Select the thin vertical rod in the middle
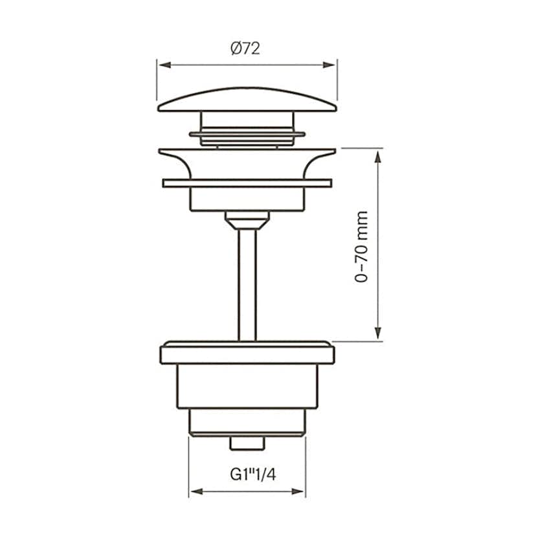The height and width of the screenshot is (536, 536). click(x=247, y=285)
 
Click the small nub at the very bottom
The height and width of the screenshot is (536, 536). click(x=247, y=443)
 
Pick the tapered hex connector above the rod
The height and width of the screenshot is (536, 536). click(x=247, y=220)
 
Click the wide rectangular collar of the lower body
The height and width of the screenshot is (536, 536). click(x=247, y=353)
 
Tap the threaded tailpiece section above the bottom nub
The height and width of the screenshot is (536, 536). click(x=247, y=422)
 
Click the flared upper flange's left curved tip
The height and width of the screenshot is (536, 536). click(x=166, y=153)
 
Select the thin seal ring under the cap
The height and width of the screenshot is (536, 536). click(x=247, y=135)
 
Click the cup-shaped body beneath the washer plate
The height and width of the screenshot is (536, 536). click(x=247, y=199)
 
